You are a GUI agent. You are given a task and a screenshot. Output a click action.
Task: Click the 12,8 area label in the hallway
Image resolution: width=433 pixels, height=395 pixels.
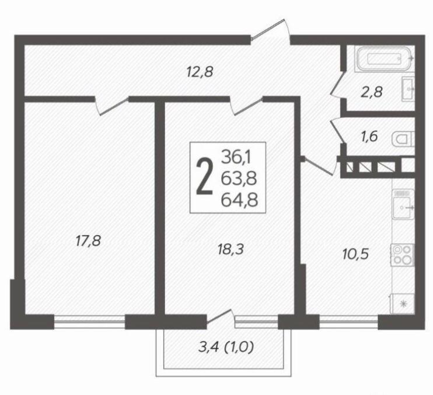(200, 72)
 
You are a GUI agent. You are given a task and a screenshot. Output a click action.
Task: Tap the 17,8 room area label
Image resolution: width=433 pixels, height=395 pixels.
(88, 240)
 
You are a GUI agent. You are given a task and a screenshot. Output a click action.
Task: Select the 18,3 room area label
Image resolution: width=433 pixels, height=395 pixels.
(231, 250)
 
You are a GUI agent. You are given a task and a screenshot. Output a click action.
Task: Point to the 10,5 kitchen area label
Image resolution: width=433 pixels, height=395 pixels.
(356, 254)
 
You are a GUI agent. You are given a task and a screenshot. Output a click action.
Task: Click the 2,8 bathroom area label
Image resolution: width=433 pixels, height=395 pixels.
(372, 92)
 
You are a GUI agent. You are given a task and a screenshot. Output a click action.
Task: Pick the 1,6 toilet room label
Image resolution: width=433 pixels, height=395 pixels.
(369, 137)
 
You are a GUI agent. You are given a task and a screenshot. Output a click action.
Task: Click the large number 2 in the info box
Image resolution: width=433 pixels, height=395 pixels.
(205, 177)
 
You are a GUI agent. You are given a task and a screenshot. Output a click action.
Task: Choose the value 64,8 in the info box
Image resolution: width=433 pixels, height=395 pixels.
(239, 200)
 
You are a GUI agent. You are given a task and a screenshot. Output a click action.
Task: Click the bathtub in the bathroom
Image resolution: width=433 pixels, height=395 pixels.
(385, 58)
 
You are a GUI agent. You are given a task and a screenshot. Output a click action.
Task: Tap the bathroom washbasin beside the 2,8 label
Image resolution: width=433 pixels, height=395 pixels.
(408, 89)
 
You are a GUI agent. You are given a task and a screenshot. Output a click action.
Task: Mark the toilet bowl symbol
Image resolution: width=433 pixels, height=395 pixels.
(403, 139)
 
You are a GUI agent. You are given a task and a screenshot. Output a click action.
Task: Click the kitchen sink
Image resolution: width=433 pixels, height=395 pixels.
(403, 204)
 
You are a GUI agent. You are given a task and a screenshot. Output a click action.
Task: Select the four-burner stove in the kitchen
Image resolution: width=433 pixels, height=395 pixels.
(402, 255)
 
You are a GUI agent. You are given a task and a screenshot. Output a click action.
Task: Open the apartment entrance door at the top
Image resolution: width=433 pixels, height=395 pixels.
(271, 31)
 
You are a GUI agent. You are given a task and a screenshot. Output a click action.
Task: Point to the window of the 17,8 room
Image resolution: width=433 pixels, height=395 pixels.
(89, 322)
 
